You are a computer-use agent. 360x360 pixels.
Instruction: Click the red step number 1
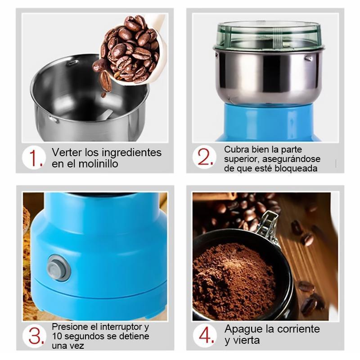point(36,158)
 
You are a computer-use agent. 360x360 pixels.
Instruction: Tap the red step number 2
point(205,157)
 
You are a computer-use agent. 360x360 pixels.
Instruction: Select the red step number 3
point(36,336)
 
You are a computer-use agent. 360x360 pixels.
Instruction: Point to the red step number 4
point(207,336)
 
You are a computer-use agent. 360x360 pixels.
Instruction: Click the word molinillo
point(98,164)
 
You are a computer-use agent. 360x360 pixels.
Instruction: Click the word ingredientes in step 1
point(131,153)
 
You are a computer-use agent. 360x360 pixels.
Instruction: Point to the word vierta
point(246,340)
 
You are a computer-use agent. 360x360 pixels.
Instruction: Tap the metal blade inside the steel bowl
point(106,114)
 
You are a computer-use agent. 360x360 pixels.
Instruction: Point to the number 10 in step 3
point(57,336)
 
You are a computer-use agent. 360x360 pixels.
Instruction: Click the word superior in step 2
point(242,159)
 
